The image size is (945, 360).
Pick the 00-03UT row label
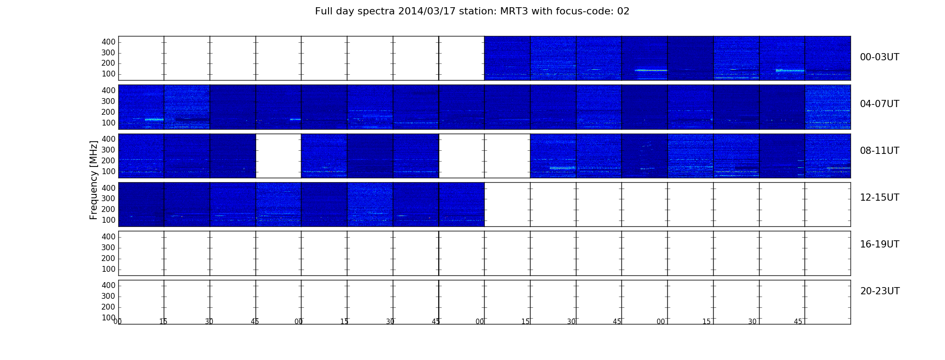(879, 57)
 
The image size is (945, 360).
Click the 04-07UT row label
(879, 104)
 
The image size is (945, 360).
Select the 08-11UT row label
(879, 151)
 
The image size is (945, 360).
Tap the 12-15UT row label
(879, 198)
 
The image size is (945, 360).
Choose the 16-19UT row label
(879, 244)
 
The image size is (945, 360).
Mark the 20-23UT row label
(880, 291)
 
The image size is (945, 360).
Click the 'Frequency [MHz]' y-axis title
(94, 180)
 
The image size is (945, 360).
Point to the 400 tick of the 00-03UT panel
(108, 42)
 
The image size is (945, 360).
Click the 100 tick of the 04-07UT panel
(108, 123)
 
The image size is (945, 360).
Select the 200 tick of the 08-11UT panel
(108, 161)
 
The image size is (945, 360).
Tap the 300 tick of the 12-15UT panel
(108, 198)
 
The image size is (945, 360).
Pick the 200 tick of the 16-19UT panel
(108, 258)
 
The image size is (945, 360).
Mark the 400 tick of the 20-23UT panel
(108, 285)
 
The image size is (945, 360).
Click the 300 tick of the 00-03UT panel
(108, 53)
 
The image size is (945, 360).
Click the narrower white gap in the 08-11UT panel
(279, 156)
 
